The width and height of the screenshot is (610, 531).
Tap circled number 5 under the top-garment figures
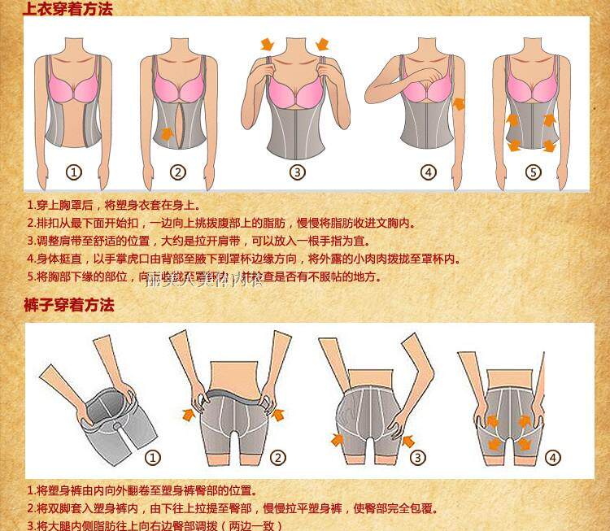click(533, 172)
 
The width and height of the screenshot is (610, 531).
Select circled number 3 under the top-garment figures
click(298, 172)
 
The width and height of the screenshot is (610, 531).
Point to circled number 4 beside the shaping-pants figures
click(553, 458)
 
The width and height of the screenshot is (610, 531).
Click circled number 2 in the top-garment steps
click(178, 172)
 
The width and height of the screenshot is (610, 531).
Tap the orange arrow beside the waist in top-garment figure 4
click(459, 104)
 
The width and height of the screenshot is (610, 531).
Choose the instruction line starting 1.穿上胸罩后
click(113, 206)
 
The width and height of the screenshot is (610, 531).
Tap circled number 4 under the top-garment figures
click(429, 172)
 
